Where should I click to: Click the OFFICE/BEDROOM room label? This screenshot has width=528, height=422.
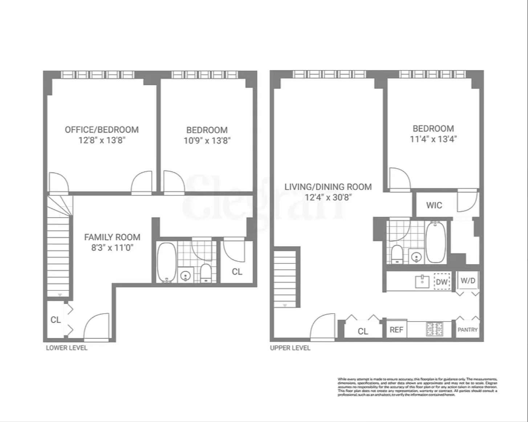tap(102, 130)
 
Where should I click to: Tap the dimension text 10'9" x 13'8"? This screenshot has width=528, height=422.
tap(207, 141)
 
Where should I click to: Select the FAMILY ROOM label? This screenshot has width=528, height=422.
tap(112, 237)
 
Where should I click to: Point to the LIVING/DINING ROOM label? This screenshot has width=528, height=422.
tap(328, 187)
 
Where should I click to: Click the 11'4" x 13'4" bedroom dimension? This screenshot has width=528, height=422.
tap(433, 139)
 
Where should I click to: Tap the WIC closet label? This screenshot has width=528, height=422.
tap(434, 205)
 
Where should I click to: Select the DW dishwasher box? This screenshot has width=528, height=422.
tap(442, 282)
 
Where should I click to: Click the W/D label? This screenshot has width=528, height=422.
tap(468, 281)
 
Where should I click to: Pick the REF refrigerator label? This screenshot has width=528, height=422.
tap(396, 330)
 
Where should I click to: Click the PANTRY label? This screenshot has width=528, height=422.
tap(467, 330)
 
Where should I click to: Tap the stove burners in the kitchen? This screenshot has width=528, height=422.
tap(434, 329)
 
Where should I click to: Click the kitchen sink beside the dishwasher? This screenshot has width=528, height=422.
tap(422, 281)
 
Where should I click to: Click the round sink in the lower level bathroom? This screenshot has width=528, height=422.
tap(186, 276)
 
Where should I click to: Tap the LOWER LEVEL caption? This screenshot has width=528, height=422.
tap(66, 348)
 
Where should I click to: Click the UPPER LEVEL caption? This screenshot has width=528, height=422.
tap(290, 348)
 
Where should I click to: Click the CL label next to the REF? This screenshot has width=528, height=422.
tap(363, 331)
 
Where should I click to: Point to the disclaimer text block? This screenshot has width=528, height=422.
tap(417, 387)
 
